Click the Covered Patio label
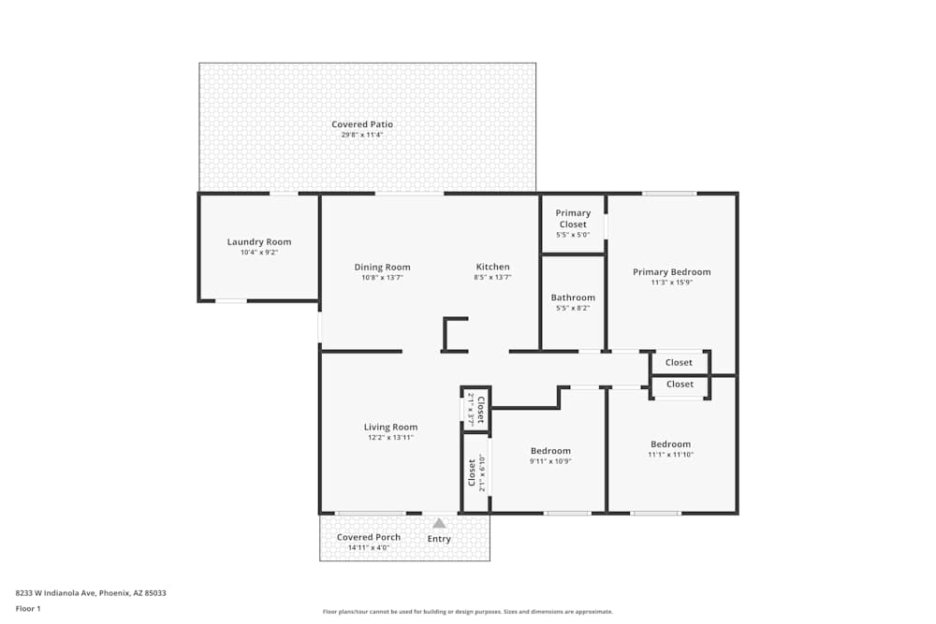point(362,124)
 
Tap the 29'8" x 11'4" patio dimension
point(362,136)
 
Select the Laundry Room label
point(259,242)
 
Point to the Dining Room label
point(382,268)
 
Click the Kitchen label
point(492,268)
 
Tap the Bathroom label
point(573,298)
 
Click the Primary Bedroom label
point(671,272)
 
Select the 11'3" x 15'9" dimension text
point(671,283)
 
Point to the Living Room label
point(390,428)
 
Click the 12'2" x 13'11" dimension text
point(390,438)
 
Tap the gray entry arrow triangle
point(439,524)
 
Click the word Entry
point(439,539)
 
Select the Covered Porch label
point(369,537)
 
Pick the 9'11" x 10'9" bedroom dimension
point(550,461)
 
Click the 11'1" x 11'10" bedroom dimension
point(670,455)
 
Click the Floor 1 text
point(28,608)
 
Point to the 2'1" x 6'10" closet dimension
point(482,473)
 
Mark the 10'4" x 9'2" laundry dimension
point(259,253)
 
